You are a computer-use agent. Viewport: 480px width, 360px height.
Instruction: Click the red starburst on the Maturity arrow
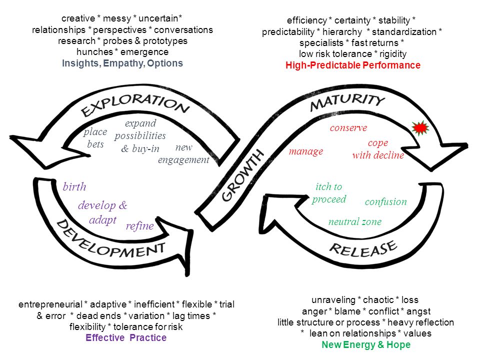click(420, 128)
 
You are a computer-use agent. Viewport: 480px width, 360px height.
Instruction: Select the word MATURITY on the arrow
click(347, 102)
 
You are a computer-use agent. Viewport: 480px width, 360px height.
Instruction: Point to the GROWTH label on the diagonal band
click(242, 175)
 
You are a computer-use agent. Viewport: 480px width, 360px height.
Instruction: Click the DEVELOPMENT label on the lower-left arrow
click(110, 240)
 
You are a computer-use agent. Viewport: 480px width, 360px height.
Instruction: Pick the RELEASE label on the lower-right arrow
click(363, 248)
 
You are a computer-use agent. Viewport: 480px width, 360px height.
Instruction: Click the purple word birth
click(74, 186)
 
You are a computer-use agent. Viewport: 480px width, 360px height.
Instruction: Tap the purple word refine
click(140, 225)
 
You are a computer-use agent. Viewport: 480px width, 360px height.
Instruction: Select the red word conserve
click(348, 127)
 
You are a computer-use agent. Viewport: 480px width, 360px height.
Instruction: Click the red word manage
click(306, 151)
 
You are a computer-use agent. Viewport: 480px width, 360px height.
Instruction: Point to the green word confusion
click(385, 201)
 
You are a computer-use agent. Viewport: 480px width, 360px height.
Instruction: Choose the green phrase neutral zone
click(355, 221)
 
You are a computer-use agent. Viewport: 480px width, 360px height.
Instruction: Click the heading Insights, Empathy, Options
click(122, 63)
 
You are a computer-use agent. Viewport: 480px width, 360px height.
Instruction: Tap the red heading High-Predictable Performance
click(353, 65)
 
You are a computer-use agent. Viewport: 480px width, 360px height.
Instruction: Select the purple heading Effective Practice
click(126, 337)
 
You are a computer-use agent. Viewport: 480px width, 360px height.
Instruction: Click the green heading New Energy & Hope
click(366, 344)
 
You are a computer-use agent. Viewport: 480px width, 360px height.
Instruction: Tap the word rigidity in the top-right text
click(393, 54)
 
